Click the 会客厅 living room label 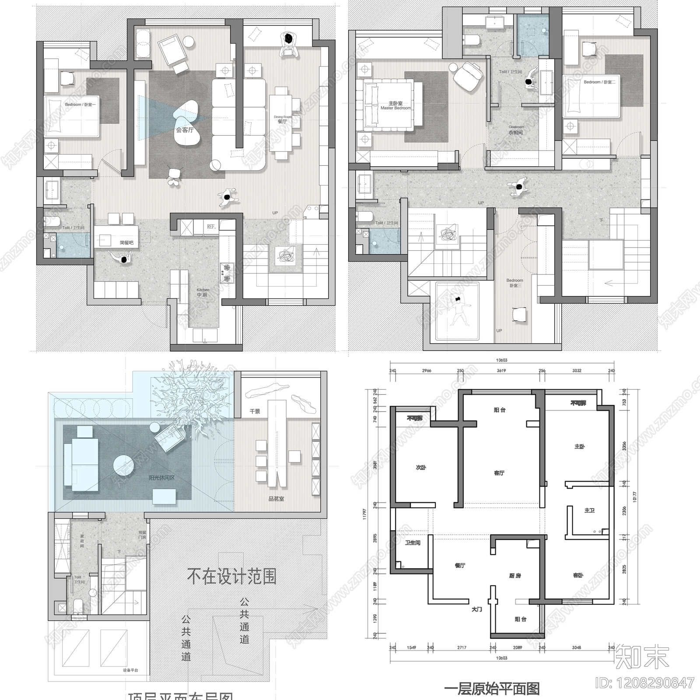click(x=185, y=130)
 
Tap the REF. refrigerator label click(x=211, y=227)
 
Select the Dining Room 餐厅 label click(x=282, y=119)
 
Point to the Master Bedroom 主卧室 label click(x=395, y=105)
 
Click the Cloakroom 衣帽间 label click(x=516, y=130)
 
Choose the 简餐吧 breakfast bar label click(x=126, y=243)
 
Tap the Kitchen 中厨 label click(x=203, y=292)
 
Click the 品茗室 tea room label click(x=276, y=498)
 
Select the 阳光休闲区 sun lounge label click(x=161, y=478)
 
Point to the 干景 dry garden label click(x=255, y=411)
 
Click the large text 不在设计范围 click(x=231, y=576)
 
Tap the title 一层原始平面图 click(x=492, y=689)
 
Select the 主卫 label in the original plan click(x=589, y=510)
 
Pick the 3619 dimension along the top click(x=501, y=371)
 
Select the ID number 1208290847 click(x=645, y=682)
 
